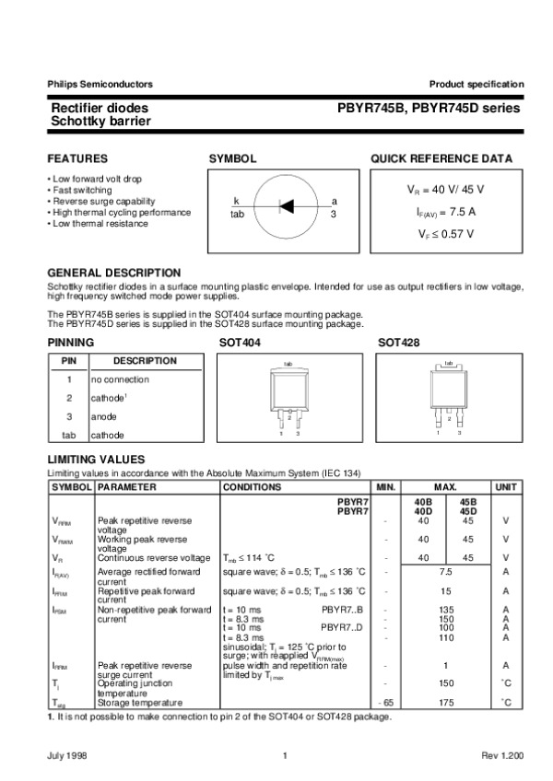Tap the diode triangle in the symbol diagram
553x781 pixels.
pyautogui.click(x=287, y=205)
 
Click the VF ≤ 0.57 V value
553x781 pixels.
pyautogui.click(x=446, y=234)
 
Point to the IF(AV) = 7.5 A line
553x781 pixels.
pyautogui.click(x=446, y=211)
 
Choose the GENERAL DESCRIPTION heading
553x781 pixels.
pyautogui.click(x=113, y=273)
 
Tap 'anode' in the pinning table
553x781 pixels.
pyautogui.click(x=103, y=416)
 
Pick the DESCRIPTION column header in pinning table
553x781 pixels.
pyautogui.click(x=145, y=361)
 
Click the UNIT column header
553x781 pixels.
pyautogui.click(x=506, y=486)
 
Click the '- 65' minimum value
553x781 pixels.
pyautogui.click(x=385, y=704)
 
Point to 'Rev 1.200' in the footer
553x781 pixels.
pyautogui.click(x=502, y=756)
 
